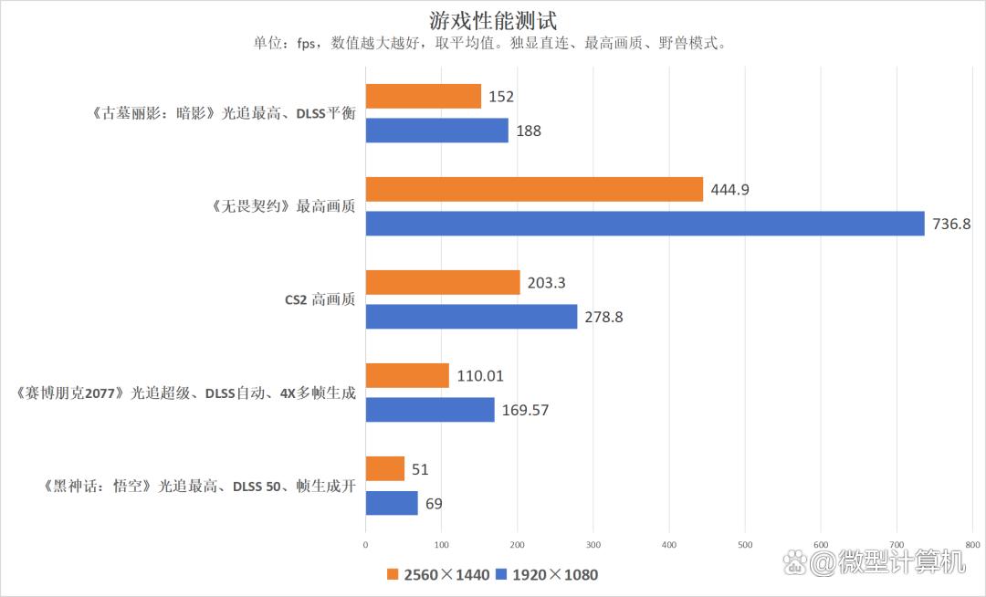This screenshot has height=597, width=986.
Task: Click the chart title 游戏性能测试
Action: (492, 19)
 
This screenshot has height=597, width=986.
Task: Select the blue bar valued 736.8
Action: (645, 224)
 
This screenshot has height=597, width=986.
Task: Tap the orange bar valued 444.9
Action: (534, 189)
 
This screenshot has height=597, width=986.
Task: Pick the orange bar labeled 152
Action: (423, 96)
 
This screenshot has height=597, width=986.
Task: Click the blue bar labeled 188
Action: (436, 131)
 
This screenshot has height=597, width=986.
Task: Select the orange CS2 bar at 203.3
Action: (442, 282)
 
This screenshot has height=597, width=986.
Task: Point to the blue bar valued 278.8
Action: (471, 317)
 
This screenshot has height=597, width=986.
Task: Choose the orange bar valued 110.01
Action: (407, 375)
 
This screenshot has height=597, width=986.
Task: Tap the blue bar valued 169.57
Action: (429, 410)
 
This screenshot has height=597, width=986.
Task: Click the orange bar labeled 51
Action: (384, 469)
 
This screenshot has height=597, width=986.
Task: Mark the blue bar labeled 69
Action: (392, 503)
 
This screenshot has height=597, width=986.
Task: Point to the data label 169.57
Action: (526, 410)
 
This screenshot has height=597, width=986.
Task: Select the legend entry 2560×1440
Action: (437, 575)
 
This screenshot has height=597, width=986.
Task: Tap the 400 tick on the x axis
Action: (668, 545)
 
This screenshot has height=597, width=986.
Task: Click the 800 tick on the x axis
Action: (971, 545)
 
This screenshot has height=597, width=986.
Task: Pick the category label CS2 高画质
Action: (319, 299)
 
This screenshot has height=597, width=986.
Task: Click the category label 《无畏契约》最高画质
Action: (282, 206)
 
